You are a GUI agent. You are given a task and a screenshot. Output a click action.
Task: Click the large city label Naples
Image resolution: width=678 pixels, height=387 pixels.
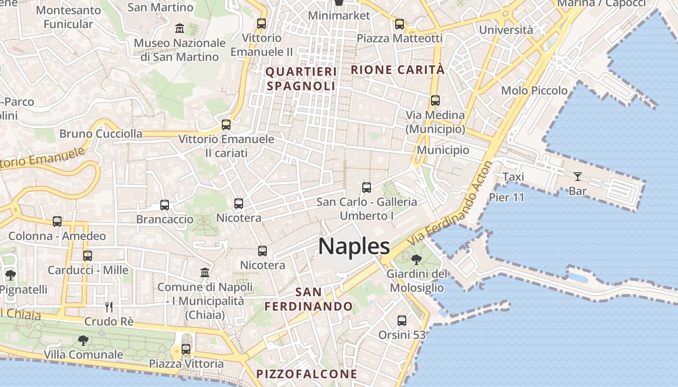[354, 246]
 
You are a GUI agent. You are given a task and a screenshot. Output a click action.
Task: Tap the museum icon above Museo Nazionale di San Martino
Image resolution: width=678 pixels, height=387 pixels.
[180, 28]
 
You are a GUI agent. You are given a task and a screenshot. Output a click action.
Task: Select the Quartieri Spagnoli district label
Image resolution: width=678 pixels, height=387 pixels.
[301, 79]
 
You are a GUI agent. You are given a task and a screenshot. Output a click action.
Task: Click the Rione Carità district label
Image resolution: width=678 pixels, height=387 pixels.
[397, 70]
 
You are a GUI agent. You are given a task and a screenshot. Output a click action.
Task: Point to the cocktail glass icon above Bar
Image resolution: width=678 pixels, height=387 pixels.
[577, 176]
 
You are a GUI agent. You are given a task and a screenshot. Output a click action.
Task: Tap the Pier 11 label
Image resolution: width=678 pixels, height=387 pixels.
[507, 197]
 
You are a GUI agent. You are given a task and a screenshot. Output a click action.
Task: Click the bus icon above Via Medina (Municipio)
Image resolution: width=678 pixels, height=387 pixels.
[435, 101]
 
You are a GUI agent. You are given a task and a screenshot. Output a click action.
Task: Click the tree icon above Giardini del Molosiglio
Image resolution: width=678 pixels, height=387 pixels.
[416, 260]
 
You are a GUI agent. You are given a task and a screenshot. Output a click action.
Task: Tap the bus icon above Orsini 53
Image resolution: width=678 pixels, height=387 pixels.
[401, 320]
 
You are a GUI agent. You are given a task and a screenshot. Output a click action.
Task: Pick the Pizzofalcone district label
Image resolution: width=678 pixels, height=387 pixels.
[307, 374]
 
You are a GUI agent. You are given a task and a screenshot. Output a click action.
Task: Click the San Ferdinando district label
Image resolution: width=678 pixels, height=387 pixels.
[308, 299]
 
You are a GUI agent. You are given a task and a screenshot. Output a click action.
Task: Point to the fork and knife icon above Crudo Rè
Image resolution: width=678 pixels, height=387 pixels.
[109, 307]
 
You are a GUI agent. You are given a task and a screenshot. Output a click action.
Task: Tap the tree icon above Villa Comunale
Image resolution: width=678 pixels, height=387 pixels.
[83, 340]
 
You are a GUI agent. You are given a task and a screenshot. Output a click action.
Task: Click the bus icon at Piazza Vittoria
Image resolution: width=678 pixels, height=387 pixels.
[185, 349]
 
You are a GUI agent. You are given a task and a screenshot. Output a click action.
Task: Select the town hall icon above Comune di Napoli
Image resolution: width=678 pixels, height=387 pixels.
[205, 272]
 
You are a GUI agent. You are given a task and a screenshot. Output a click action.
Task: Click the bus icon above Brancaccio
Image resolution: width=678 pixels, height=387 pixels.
[165, 205]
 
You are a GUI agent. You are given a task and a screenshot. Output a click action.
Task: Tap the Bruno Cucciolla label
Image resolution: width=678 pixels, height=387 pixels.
[101, 134]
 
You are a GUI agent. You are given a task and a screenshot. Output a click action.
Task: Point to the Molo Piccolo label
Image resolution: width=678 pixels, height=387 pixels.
[534, 90]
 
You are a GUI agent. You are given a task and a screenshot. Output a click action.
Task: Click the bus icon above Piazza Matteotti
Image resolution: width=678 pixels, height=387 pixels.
[399, 24]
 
